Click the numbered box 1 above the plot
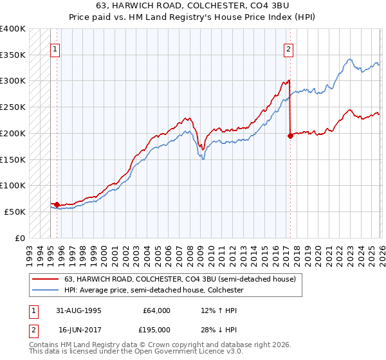[x=55, y=49]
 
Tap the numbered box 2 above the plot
[x=288, y=49]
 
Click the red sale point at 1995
[x=57, y=204]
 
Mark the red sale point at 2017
[x=290, y=136]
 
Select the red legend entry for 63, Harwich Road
[x=179, y=279]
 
